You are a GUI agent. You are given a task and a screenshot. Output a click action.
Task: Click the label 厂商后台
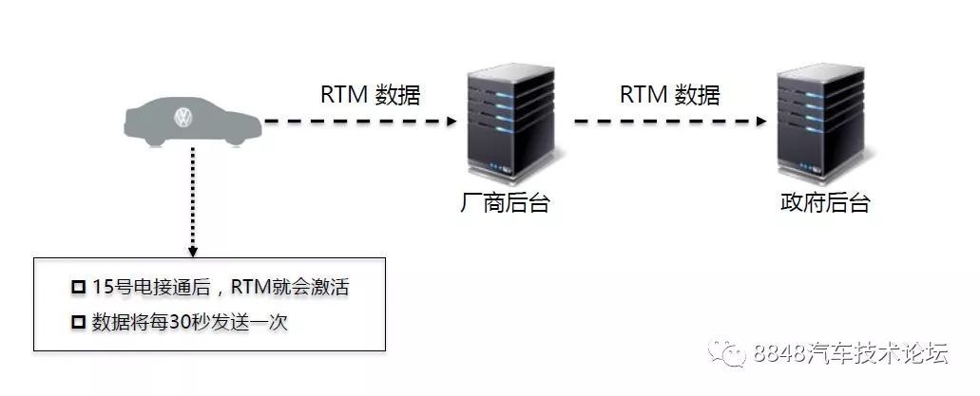click(504, 203)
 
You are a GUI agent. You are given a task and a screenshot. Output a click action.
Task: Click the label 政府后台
click(820, 203)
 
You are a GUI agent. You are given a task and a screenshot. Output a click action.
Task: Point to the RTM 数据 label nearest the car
click(370, 94)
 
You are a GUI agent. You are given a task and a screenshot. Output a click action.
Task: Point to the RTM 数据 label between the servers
click(670, 94)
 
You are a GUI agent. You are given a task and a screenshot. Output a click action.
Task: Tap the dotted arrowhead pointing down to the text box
click(193, 251)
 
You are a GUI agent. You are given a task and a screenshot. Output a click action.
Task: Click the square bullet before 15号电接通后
click(78, 288)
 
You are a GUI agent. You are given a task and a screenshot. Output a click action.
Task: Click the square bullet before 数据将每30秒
click(78, 323)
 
